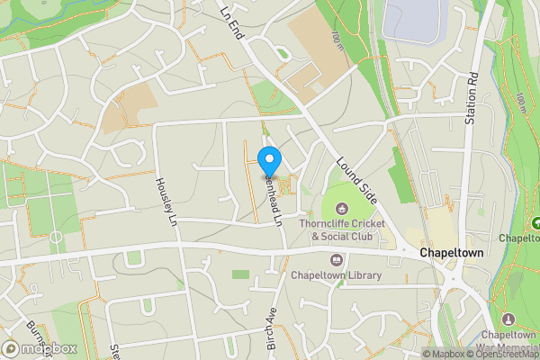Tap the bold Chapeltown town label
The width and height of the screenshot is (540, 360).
click(x=451, y=254)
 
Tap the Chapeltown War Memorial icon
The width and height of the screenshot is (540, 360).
click(x=508, y=319)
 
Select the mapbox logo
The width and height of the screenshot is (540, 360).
click(x=40, y=348)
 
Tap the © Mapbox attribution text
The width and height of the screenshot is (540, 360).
click(x=445, y=354)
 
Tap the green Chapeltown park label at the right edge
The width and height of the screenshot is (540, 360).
click(x=519, y=238)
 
